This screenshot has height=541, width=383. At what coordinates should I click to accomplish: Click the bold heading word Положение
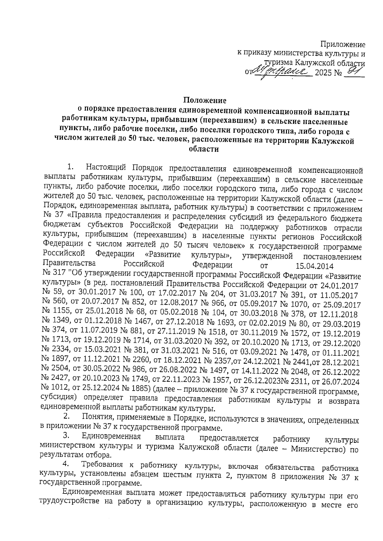coord(205,100)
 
